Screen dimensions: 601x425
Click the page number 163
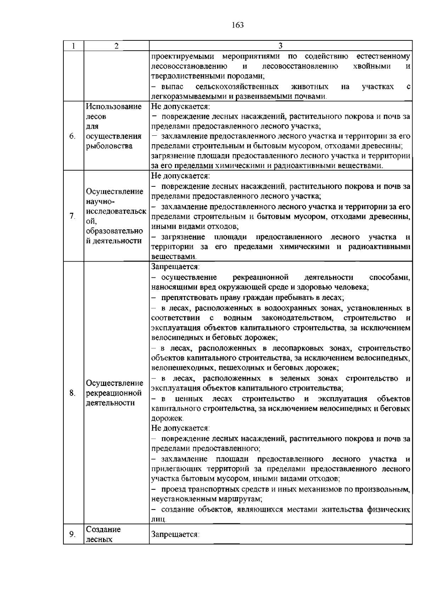click(238, 25)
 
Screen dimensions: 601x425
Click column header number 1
click(73, 46)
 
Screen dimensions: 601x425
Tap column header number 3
click(280, 46)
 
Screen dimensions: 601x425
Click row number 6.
click(72, 136)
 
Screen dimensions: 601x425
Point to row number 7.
click(72, 216)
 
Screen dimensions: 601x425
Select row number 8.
click(72, 393)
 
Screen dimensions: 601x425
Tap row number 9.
click(72, 534)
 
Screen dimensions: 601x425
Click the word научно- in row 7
click(100, 202)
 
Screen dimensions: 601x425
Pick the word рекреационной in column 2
click(114, 393)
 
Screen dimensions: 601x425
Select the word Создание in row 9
click(103, 529)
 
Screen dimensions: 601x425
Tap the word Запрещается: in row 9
click(175, 534)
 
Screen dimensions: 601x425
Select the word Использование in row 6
click(114, 107)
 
